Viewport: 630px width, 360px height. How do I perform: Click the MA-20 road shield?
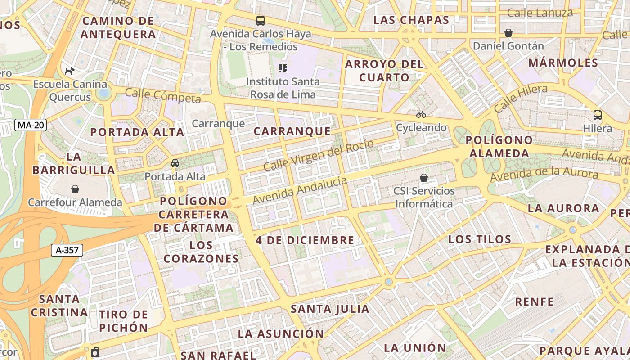click(31, 125)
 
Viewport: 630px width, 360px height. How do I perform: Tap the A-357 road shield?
click(67, 250)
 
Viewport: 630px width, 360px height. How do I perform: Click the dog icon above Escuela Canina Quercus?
click(70, 71)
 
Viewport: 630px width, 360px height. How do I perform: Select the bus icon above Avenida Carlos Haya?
click(261, 20)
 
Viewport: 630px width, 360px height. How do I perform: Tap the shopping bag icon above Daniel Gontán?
click(508, 33)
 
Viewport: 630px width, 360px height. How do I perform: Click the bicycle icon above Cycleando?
click(421, 114)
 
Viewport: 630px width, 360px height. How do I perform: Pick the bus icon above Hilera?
click(598, 115)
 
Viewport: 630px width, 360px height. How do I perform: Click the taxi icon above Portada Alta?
click(175, 163)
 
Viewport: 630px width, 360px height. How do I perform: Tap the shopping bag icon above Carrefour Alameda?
click(75, 189)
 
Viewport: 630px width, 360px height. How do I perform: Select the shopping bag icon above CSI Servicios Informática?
click(424, 178)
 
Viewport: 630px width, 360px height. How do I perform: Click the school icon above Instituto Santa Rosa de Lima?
click(283, 68)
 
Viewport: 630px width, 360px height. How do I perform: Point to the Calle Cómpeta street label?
click(162, 95)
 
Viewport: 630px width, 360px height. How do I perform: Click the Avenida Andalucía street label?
click(300, 190)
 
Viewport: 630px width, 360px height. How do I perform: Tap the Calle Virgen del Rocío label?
click(318, 155)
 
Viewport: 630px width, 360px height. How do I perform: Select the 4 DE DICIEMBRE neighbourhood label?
click(305, 240)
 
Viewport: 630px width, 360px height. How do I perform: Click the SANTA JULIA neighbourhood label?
click(330, 309)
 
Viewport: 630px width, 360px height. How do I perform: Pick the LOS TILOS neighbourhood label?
click(480, 239)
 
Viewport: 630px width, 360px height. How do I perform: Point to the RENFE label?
click(534, 301)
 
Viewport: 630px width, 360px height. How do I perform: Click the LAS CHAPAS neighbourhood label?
click(411, 20)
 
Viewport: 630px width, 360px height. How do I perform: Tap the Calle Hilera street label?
click(521, 99)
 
